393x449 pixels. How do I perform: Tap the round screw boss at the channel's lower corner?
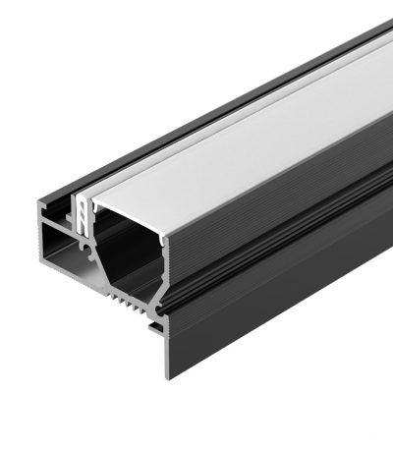[x=154, y=294]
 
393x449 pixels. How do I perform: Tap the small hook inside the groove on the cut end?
[x=75, y=210]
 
